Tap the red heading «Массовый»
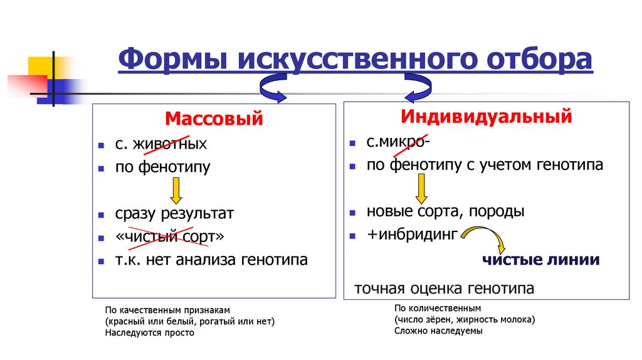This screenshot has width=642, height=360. coord(214,119)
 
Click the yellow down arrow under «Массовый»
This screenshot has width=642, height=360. coord(176,191)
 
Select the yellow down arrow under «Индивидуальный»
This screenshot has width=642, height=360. coord(421,188)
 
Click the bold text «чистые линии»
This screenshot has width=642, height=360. coord(540,259)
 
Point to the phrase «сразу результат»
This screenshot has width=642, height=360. coord(174,213)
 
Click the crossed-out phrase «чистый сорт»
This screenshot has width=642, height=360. coord(169,236)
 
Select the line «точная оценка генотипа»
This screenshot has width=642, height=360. coord(445,289)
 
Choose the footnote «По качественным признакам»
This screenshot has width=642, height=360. coord(168,310)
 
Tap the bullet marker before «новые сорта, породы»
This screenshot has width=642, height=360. coord(354,212)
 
